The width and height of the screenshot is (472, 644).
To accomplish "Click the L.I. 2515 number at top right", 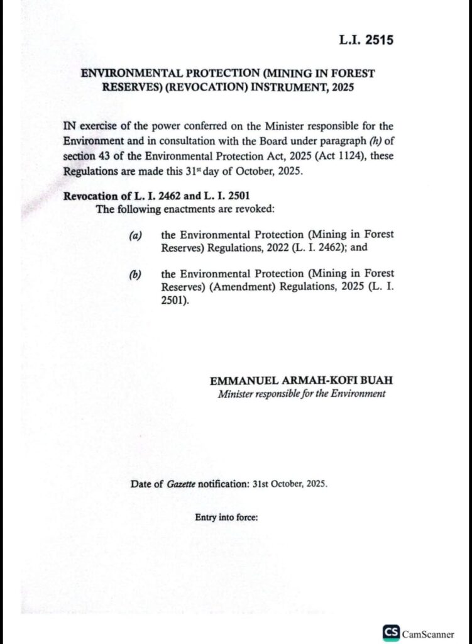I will point(366,41).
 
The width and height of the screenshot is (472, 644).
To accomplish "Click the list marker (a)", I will point(135,235).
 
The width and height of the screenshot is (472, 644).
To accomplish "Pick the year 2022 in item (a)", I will point(288,248).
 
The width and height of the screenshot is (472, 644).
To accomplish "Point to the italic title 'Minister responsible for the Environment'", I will point(302,394).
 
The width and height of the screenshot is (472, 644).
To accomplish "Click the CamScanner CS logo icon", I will point(390,633).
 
